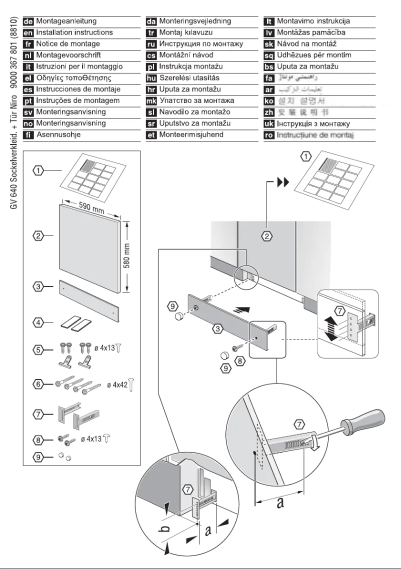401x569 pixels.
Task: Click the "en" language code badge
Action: pyautogui.click(x=29, y=33)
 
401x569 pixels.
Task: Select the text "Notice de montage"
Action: pyautogui.click(x=68, y=44)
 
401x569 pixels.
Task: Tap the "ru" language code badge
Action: pyautogui.click(x=151, y=44)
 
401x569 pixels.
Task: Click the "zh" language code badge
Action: pyautogui.click(x=269, y=112)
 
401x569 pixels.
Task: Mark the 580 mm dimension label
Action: pyautogui.click(x=127, y=256)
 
